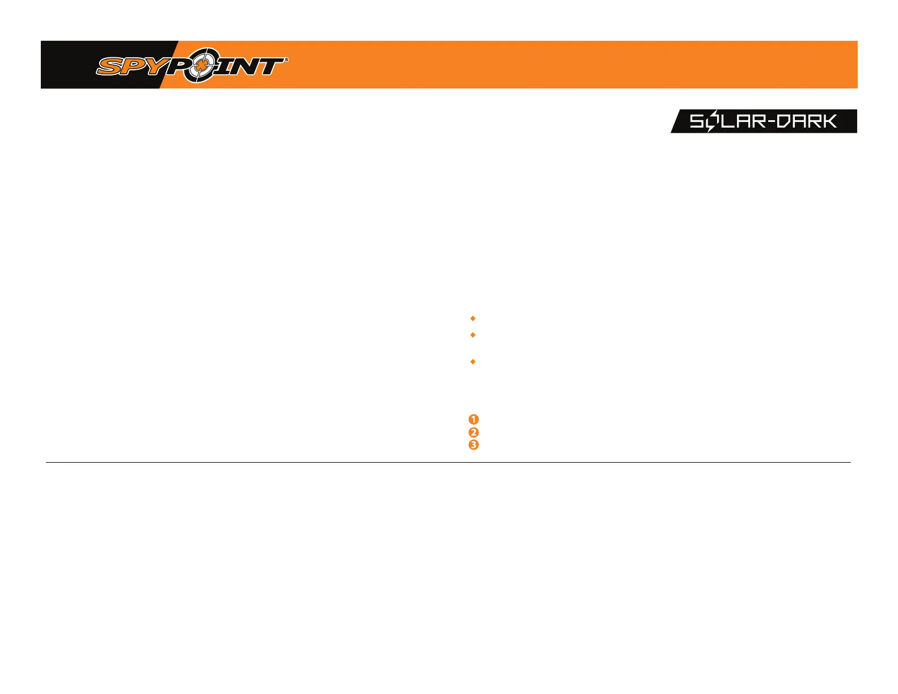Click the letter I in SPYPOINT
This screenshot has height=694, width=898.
pyautogui.click(x=226, y=66)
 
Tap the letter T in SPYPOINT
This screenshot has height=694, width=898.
pyautogui.click(x=270, y=66)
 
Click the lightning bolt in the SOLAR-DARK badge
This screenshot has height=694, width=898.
pyautogui.click(x=711, y=121)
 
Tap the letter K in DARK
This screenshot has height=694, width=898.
pyautogui.click(x=829, y=121)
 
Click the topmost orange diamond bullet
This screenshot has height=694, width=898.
pyautogui.click(x=473, y=319)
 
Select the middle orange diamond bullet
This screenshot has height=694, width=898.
pyautogui.click(x=473, y=335)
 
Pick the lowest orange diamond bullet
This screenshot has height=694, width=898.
pyautogui.click(x=473, y=362)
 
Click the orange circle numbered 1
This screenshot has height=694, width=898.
pyautogui.click(x=474, y=420)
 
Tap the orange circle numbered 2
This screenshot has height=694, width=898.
pyautogui.click(x=474, y=432)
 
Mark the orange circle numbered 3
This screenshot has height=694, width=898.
pyautogui.click(x=474, y=445)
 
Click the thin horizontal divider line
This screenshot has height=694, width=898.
pyautogui.click(x=448, y=463)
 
